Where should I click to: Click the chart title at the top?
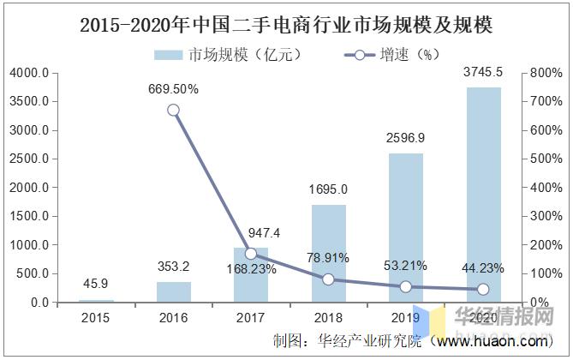pos(286,26)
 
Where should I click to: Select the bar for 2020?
pos(482,195)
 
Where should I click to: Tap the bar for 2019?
pos(405,228)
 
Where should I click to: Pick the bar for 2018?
pos(328,254)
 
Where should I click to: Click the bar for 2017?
pos(251,275)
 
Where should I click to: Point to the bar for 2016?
pos(174,292)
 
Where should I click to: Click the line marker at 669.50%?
pos(174,110)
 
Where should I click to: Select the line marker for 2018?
pos(328,279)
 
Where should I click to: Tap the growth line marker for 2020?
pos(482,290)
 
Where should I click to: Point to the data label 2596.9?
pos(405,137)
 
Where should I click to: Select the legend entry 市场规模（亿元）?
pos(227,55)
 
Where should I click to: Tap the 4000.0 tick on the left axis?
pos(29,74)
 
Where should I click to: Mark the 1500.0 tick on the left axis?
pos(29,217)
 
